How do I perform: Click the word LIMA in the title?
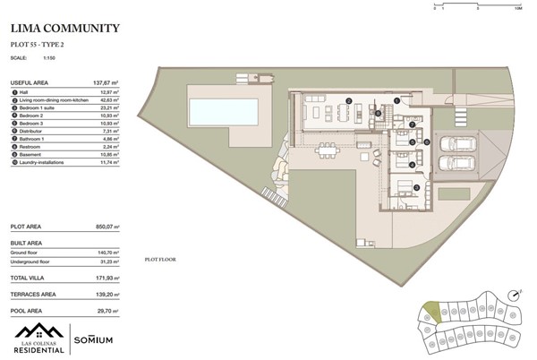coord(29,30)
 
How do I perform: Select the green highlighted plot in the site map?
coord(432,312)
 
